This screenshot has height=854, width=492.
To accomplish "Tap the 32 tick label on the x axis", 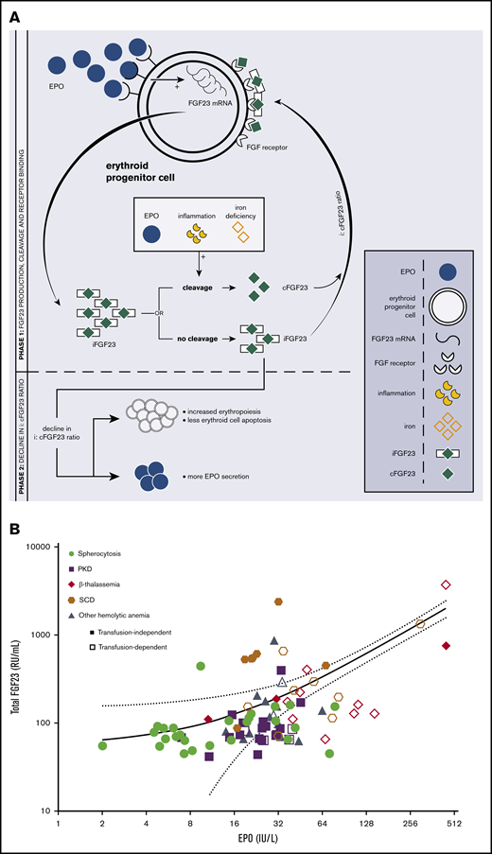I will [x=278, y=824].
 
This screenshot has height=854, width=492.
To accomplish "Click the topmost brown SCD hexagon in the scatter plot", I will [x=279, y=601].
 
